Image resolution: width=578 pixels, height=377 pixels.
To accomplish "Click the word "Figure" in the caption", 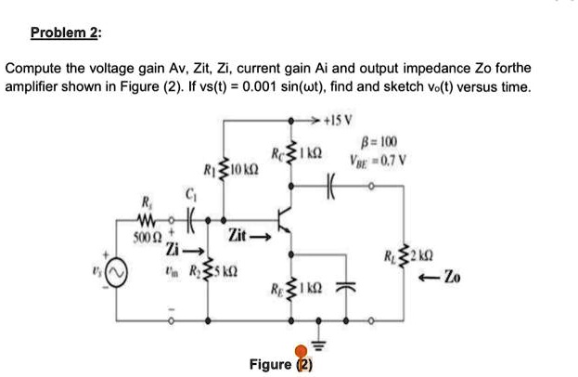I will [270, 364].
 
